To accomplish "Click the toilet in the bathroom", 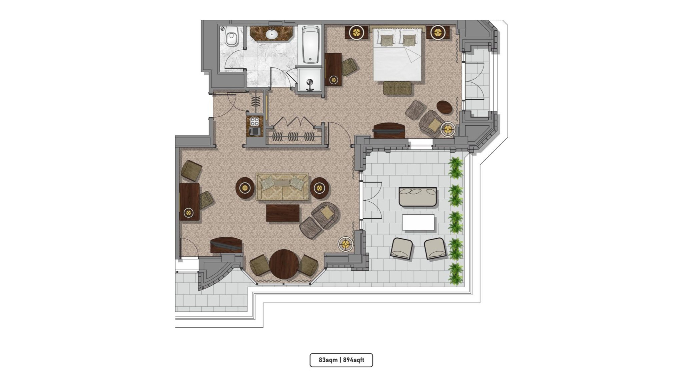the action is click(231, 37).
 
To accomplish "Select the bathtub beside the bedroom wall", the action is click(310, 45).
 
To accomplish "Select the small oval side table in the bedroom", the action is click(445, 107).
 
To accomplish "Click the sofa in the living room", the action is click(282, 186).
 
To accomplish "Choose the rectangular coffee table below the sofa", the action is click(283, 213).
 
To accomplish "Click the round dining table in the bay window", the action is click(284, 264).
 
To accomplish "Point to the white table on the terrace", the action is click(418, 222).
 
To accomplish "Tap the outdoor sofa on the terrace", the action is click(418, 197).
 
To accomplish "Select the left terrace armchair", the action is click(402, 248).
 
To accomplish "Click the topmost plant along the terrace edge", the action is click(456, 168).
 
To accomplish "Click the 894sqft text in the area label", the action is click(354, 360).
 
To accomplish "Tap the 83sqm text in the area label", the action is click(328, 360).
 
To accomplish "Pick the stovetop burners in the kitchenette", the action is click(255, 121).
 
